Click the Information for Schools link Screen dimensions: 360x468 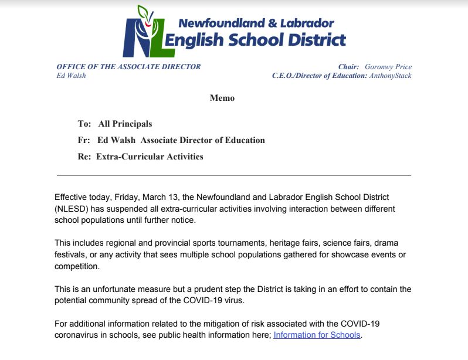click(317, 335)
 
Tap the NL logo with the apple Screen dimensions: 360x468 click(144, 32)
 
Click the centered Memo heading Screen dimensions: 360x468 click(222, 98)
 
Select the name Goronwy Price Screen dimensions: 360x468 click(388, 67)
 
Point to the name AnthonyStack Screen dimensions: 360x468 click(390, 76)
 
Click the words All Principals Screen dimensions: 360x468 click(125, 124)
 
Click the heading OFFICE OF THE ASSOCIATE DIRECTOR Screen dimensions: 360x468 click(128, 67)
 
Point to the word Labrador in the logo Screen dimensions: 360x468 click(307, 23)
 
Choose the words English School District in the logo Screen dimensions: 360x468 click(256, 40)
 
